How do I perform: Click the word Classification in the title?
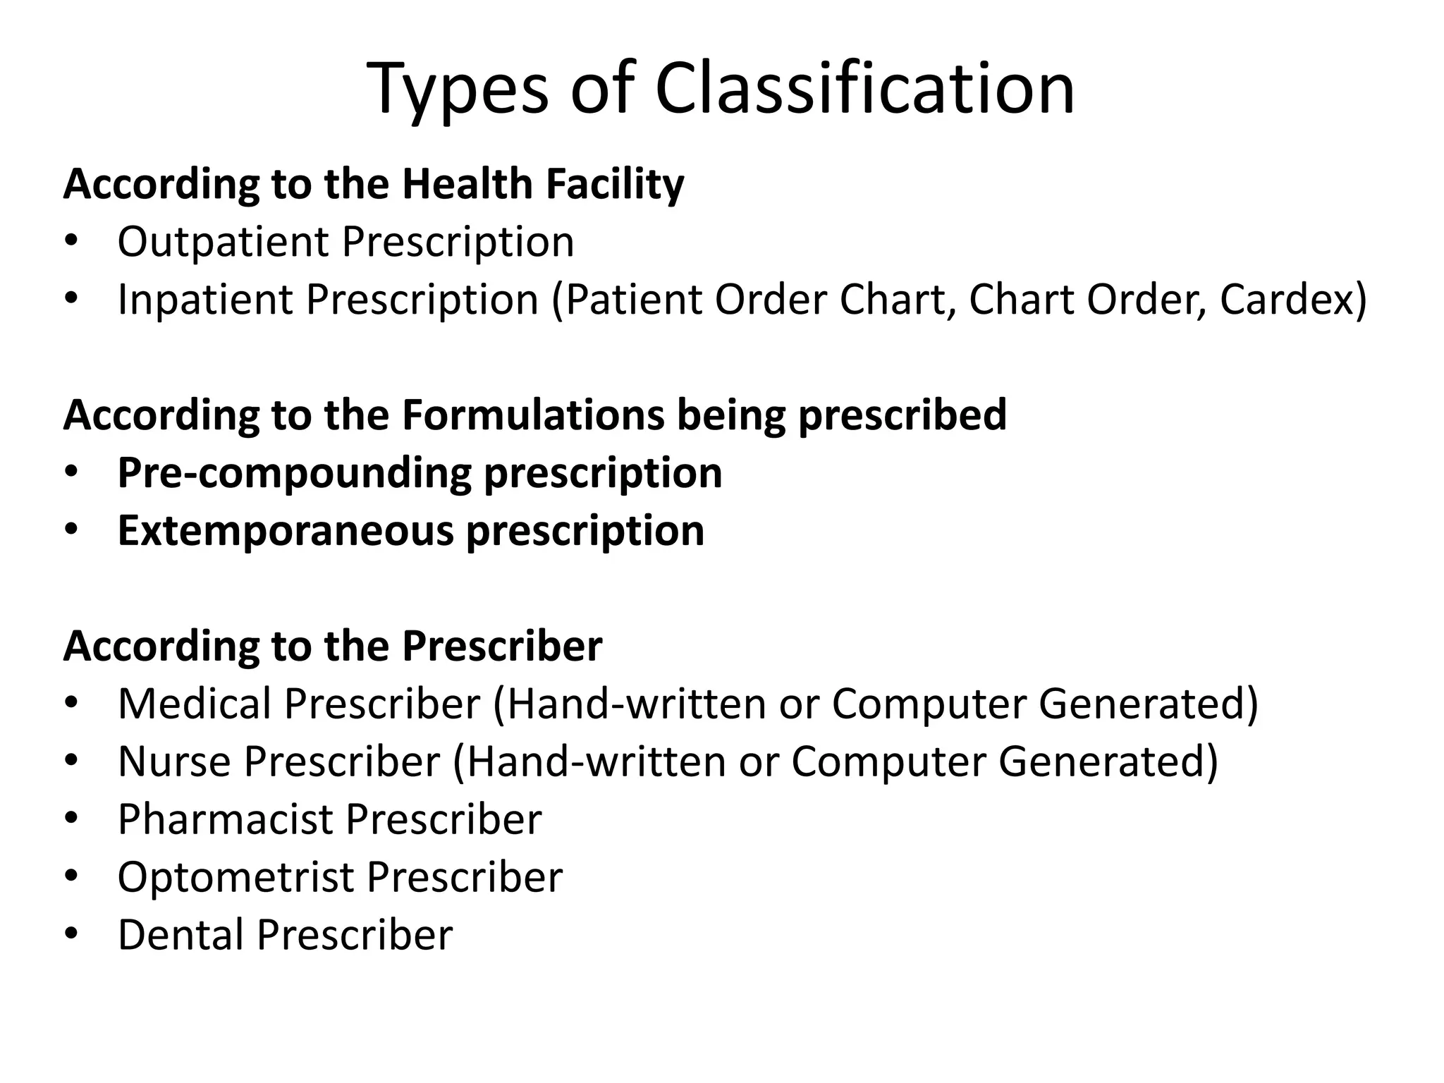pos(864,88)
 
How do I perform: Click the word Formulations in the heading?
pos(533,415)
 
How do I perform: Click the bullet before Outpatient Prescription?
pos(71,241)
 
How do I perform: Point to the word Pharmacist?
pos(225,819)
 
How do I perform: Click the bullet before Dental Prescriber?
pos(71,934)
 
